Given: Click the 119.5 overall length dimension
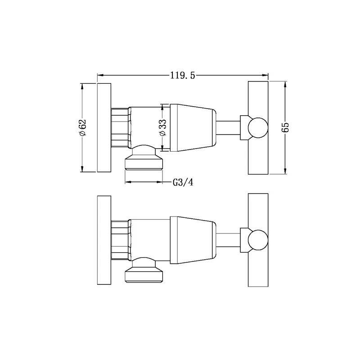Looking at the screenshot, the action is pyautogui.click(x=183, y=75).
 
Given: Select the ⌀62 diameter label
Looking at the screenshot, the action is pyautogui.click(x=83, y=128).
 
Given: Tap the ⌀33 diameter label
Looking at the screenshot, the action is pyautogui.click(x=163, y=127).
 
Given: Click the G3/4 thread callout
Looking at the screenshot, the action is pyautogui.click(x=183, y=182).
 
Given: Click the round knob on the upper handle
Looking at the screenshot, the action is pyautogui.click(x=258, y=128).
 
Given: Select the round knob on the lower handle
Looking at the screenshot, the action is pyautogui.click(x=258, y=240).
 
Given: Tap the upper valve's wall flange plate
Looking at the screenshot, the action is pyautogui.click(x=104, y=128).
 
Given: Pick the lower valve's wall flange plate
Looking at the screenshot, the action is pyautogui.click(x=104, y=240).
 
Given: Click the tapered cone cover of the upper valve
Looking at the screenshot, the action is pyautogui.click(x=193, y=128).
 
